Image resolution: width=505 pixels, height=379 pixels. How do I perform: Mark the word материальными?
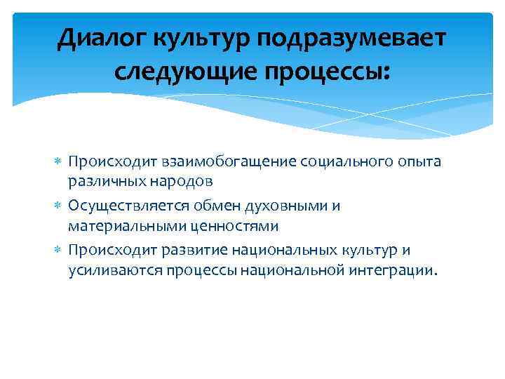coord(116,226)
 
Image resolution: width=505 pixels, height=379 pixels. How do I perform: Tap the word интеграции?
coord(395,271)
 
